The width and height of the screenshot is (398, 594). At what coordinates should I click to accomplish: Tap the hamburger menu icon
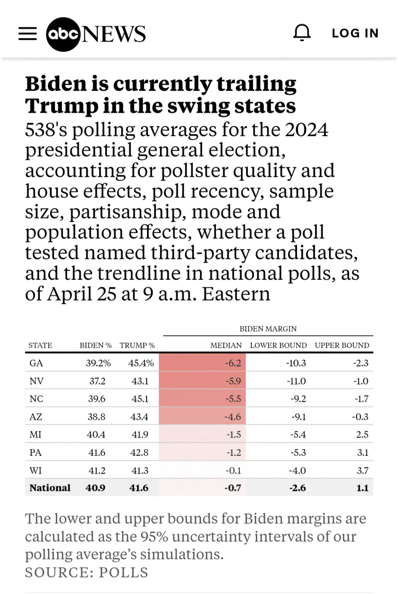coord(28,33)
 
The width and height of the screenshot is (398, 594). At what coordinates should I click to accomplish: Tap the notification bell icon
coord(302,33)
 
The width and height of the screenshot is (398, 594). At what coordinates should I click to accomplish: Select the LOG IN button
coord(355,33)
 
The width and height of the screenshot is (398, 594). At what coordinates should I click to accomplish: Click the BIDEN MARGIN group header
coord(268,329)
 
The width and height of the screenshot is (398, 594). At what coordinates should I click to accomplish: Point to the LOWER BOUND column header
coord(278,345)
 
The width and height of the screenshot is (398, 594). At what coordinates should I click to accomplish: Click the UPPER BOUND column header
coord(342,345)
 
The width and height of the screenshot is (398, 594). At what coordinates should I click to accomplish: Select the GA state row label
coord(36,363)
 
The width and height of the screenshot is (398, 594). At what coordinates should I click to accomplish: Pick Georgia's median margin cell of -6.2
coord(233,363)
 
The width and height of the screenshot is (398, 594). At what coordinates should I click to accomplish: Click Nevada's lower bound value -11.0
coord(296,381)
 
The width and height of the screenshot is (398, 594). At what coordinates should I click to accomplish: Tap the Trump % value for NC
coord(140,399)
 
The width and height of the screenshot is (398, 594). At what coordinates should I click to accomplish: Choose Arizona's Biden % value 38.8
coord(97,417)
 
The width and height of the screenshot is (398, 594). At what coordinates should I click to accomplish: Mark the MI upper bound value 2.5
coord(362,434)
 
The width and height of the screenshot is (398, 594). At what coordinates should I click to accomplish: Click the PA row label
coord(36,453)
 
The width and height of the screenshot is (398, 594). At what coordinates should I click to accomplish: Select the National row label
coord(50,488)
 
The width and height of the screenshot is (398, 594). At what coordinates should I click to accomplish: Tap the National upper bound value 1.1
coord(362,488)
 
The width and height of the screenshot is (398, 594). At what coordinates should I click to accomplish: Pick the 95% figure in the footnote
coord(154,537)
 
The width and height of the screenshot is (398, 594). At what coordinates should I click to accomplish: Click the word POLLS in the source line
coord(123,572)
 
